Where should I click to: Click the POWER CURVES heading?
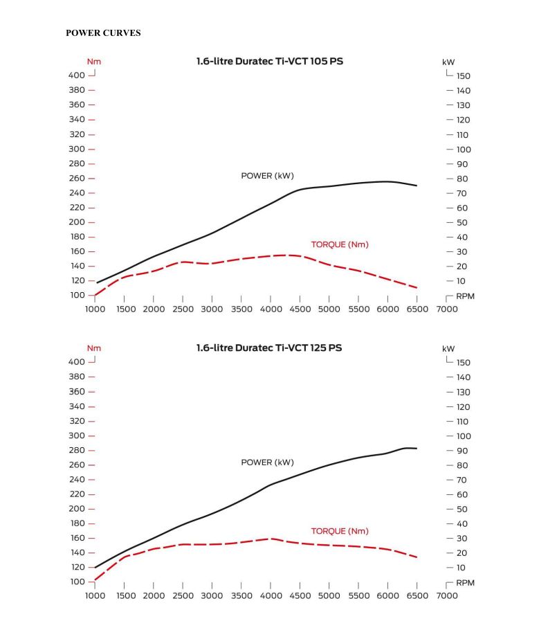pos(103,33)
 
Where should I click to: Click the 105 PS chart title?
pos(270,61)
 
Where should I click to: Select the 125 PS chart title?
pos(269,348)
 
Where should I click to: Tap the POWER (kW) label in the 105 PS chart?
pos(267,175)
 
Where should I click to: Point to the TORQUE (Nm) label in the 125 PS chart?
pos(340,531)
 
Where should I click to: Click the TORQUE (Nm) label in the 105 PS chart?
pos(340,244)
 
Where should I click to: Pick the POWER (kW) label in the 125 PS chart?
pos(267,462)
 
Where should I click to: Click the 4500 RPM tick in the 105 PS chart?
pos(300,309)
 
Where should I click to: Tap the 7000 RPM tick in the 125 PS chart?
pos(446,595)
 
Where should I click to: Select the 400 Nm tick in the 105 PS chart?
pos(76,75)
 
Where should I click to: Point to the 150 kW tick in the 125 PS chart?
pos(464,362)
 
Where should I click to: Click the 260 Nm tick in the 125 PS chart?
pos(76,465)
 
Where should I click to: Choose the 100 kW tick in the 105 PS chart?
pos(464,149)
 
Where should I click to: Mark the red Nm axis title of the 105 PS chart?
pos(93,62)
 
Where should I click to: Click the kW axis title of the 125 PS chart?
pos(448,349)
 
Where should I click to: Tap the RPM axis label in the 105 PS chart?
pos(466,296)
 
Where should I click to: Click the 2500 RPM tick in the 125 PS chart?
pos(183,595)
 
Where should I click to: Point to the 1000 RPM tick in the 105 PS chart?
pos(95,309)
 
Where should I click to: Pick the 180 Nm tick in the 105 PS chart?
pos(76,237)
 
